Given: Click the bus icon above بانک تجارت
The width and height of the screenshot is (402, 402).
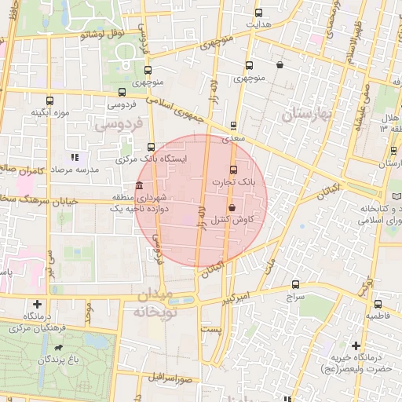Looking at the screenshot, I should coord(232,170).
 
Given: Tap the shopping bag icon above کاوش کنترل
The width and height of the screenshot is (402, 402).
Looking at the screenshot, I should coord(232,208).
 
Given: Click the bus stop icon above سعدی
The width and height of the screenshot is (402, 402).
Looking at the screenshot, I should coord(233,126).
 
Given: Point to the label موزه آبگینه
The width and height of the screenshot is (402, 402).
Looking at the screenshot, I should coord(50,113).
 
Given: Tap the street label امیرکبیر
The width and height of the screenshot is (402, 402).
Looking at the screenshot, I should coord(236,299).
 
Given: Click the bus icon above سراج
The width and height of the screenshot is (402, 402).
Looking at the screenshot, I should coord(295,285).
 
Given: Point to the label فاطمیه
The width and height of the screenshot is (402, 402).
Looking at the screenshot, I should coord(379,316).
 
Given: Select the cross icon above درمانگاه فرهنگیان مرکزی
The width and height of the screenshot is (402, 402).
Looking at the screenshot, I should coord(37,303).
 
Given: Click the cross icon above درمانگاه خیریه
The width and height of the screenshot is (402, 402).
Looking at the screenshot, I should coord(356,345).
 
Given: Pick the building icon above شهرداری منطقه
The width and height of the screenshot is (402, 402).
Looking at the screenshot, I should coord(139,186).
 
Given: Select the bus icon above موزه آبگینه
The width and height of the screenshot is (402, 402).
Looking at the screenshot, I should coord(50,100).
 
